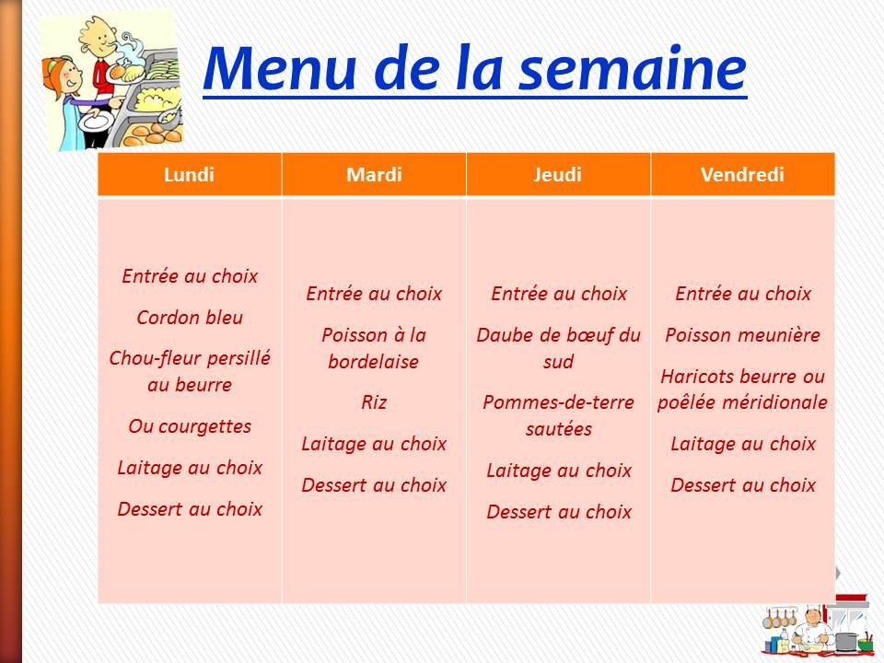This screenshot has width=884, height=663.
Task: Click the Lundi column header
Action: (x=189, y=175)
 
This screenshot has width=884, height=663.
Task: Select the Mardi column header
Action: (x=374, y=175)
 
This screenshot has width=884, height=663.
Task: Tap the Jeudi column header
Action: (x=558, y=175)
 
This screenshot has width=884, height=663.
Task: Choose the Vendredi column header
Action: (x=742, y=175)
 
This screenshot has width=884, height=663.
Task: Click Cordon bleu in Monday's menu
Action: (x=190, y=318)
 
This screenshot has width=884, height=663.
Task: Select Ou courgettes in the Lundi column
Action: (x=190, y=426)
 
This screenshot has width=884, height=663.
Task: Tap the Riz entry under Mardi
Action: (x=374, y=402)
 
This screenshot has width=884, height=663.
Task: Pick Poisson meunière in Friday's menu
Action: (x=742, y=335)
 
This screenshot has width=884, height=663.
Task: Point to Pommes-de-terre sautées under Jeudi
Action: (x=559, y=415)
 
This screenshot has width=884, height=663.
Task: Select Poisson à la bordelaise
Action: (x=374, y=348)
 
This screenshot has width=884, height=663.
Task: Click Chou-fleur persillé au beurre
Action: (x=190, y=371)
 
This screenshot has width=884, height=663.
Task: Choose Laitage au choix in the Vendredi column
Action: (x=743, y=444)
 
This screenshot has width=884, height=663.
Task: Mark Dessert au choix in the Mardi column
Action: (x=374, y=484)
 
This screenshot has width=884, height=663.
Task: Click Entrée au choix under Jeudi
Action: (x=559, y=294)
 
